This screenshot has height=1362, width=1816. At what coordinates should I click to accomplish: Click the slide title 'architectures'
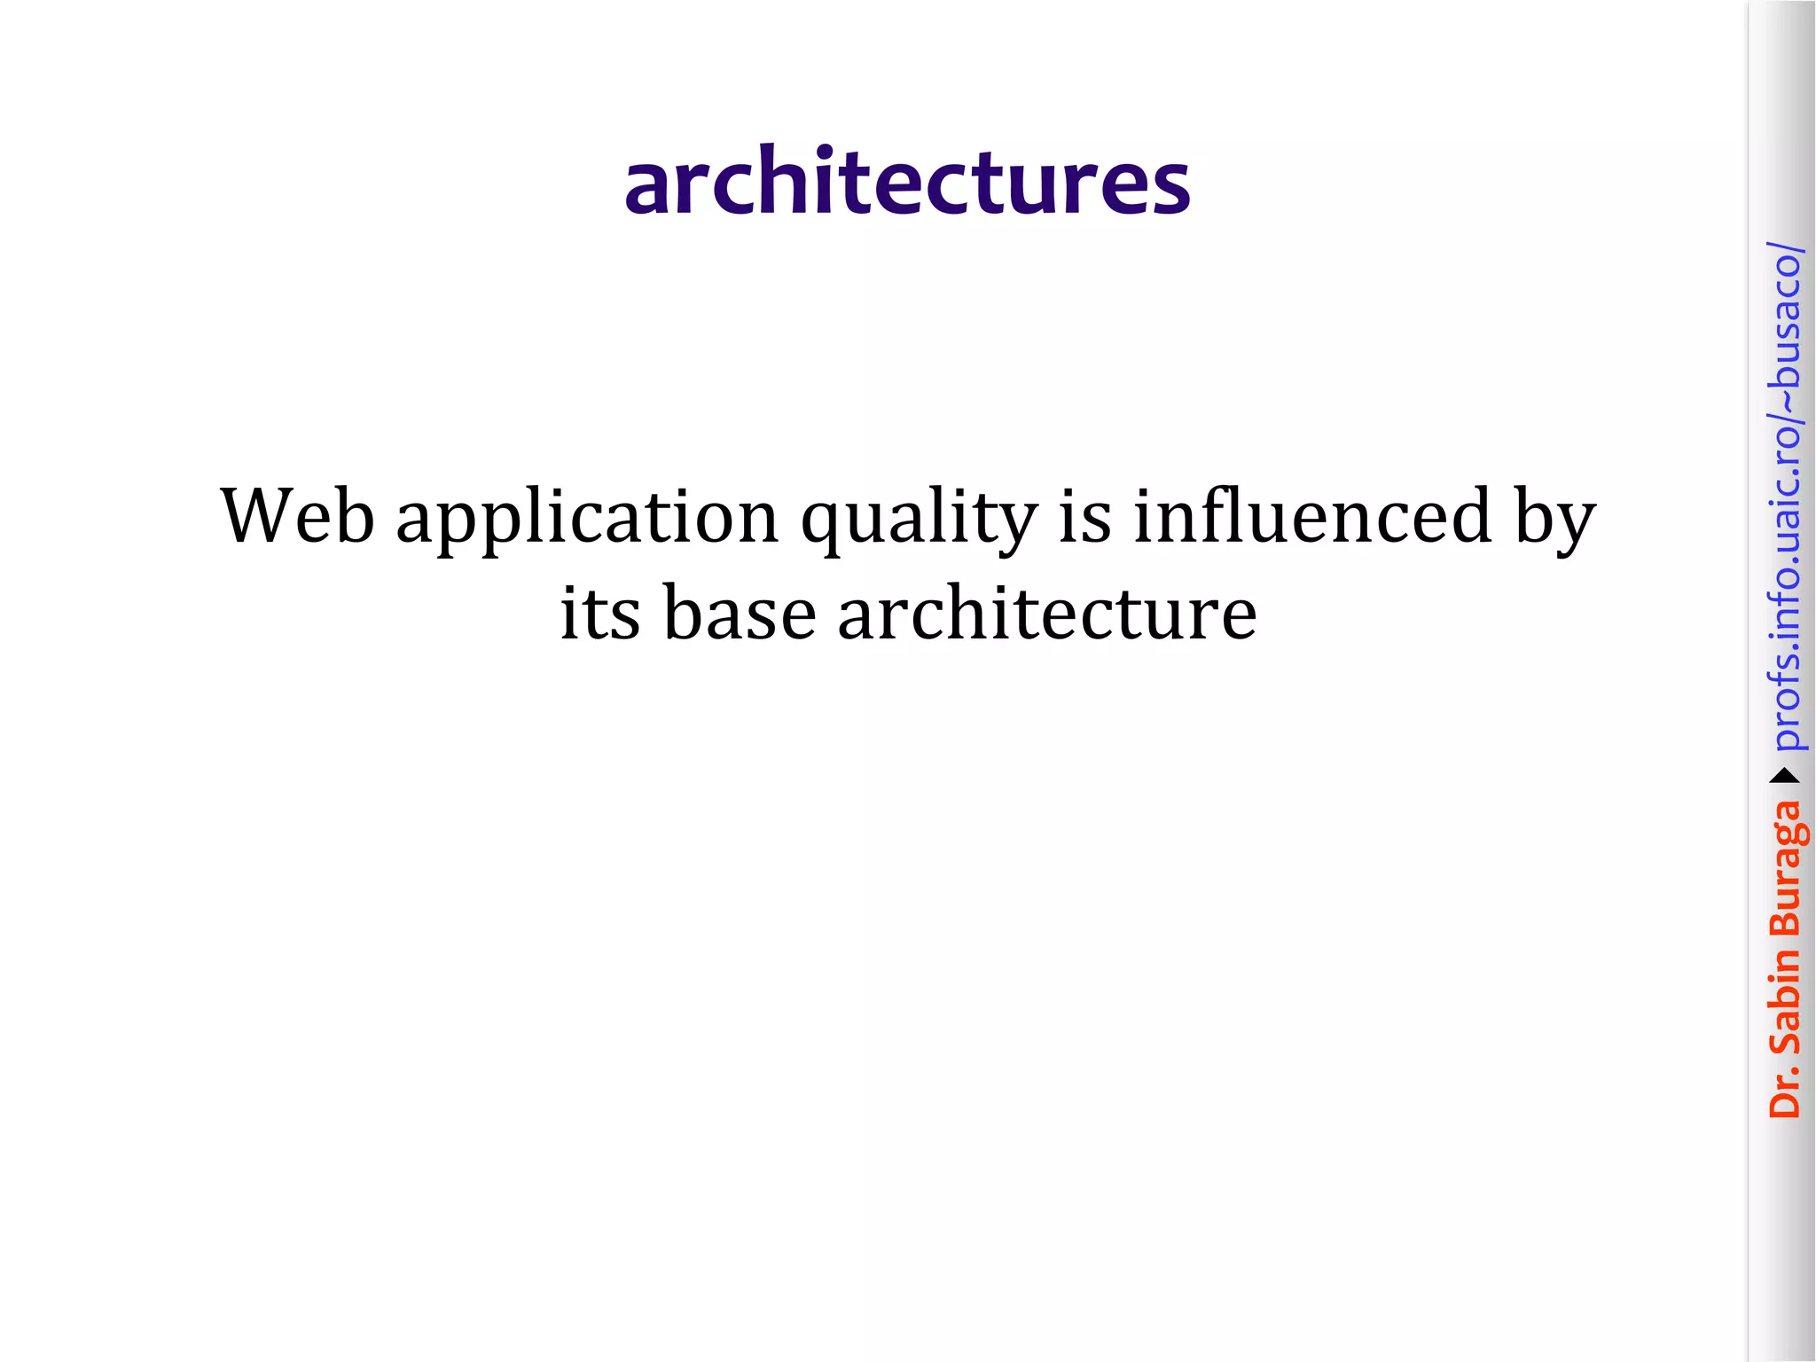tap(907, 182)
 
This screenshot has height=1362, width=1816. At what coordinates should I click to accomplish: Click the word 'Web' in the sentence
tap(298, 516)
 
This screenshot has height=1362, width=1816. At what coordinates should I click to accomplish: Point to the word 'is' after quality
tap(1085, 516)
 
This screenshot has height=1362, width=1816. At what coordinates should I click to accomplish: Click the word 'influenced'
tap(1312, 516)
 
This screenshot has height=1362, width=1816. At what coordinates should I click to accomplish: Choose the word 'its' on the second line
tap(599, 614)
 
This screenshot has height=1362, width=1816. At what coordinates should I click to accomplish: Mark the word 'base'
tap(740, 614)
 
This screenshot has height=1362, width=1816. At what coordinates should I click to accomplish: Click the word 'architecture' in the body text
tap(1047, 614)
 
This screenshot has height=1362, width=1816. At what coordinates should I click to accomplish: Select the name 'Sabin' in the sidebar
tap(1784, 1002)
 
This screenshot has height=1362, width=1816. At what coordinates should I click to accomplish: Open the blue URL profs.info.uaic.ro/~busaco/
tap(1784, 497)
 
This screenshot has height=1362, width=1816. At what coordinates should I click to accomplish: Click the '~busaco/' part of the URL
tap(1784, 319)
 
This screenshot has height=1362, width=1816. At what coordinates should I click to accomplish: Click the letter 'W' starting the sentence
tap(254, 516)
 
